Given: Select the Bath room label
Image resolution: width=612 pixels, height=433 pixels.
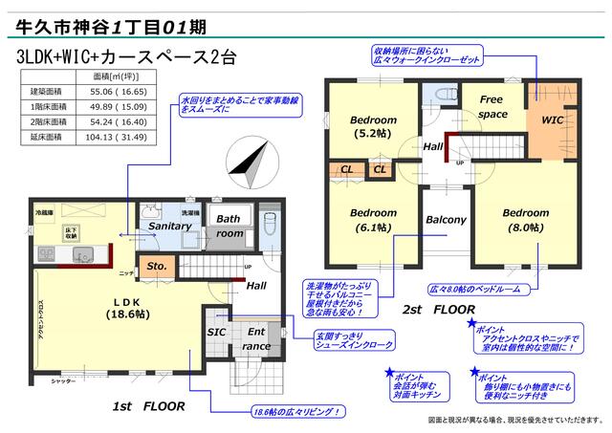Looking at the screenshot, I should pyautogui.click(x=229, y=226).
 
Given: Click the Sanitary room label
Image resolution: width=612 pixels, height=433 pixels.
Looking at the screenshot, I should pyautogui.click(x=169, y=226).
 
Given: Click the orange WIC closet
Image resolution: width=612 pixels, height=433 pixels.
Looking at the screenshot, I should pyautogui.click(x=553, y=121).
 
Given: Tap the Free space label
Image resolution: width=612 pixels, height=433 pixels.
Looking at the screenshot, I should pyautogui.click(x=492, y=107).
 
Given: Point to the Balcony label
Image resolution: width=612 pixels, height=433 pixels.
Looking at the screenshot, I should pyautogui.click(x=446, y=220).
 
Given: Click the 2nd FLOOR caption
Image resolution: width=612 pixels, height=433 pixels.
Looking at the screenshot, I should pyautogui.click(x=438, y=310).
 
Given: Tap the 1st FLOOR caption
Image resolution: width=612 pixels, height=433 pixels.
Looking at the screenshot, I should pyautogui.click(x=149, y=406).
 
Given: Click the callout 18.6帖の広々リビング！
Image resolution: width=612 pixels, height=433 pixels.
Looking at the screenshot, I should pyautogui.click(x=298, y=413).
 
